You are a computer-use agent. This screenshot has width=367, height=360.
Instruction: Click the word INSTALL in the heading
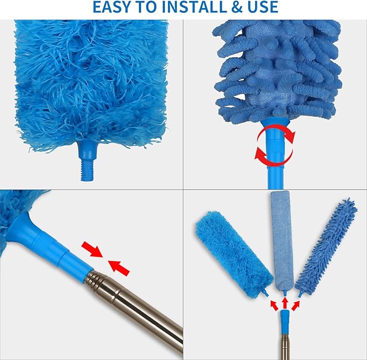(193, 7)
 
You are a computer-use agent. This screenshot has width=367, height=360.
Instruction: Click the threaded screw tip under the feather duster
(87, 171)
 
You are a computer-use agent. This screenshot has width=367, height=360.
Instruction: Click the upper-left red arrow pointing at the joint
(92, 249)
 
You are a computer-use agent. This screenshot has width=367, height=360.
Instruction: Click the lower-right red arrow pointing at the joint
(119, 268)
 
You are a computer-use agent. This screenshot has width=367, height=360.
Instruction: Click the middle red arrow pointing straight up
(285, 303)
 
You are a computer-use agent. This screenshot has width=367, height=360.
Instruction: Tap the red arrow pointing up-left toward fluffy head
(274, 305)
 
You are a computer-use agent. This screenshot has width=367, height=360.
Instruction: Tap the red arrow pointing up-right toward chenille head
(296, 305)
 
